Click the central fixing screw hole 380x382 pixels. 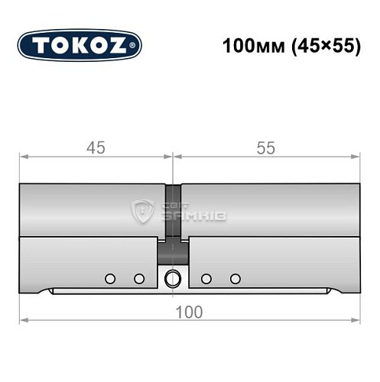coord(174,278)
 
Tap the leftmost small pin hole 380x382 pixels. coord(110,278)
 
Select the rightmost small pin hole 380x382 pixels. coord(235,278)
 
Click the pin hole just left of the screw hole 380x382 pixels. coord(138,278)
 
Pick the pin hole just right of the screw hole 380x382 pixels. coord(206,278)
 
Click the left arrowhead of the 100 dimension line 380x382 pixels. coord(23,320)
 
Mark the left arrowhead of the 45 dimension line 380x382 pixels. coord(23,157)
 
